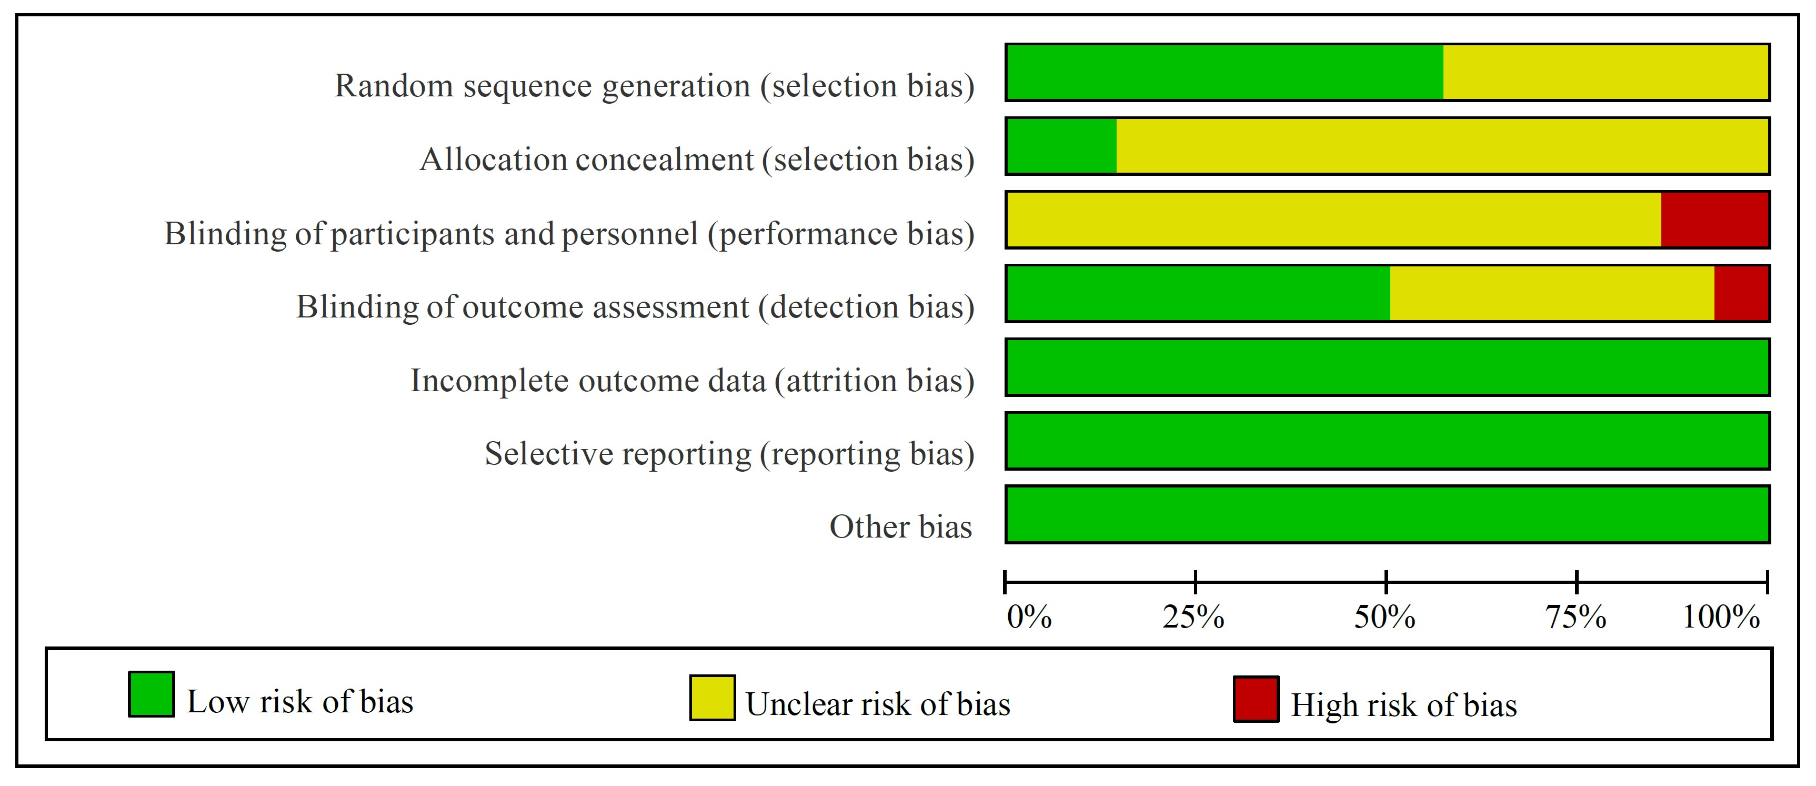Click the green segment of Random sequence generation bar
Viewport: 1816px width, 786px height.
click(1225, 72)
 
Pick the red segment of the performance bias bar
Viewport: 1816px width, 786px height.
click(1714, 220)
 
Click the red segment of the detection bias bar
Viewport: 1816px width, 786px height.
click(1741, 294)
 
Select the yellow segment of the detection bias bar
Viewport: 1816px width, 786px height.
click(1552, 294)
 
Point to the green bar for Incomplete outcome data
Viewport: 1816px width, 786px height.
click(1387, 367)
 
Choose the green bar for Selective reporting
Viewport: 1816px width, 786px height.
click(1387, 441)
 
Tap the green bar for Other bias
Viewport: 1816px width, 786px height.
click(1387, 514)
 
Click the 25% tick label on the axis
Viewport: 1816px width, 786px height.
click(1193, 618)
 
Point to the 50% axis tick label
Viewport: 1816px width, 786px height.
click(1384, 618)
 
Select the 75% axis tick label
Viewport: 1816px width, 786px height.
click(1576, 618)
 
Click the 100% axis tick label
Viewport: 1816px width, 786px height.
click(1721, 618)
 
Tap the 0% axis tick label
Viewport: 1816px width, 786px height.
click(1029, 618)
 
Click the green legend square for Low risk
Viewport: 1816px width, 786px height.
click(152, 694)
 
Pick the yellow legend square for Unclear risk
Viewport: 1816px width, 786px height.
click(712, 698)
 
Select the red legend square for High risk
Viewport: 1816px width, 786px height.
click(1256, 699)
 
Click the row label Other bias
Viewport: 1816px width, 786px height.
click(900, 527)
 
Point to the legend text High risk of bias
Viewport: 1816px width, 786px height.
click(1403, 705)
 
